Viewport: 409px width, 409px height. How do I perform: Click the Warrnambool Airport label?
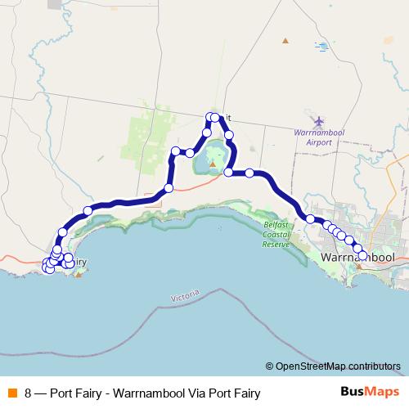(312, 137)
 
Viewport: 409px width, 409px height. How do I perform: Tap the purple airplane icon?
(318, 121)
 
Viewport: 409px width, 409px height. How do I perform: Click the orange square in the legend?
(11, 392)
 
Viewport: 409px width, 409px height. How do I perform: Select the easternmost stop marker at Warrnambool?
(362, 255)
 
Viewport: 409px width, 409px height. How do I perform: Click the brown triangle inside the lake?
(213, 164)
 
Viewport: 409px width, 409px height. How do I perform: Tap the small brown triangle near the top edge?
(285, 40)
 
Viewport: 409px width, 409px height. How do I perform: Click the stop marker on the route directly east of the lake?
(249, 173)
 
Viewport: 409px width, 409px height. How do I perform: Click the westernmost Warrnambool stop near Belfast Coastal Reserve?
(310, 218)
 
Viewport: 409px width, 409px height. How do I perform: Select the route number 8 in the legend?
(29, 393)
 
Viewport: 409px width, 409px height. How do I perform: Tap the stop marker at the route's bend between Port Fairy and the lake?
(169, 188)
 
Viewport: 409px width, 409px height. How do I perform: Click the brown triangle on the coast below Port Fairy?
(78, 274)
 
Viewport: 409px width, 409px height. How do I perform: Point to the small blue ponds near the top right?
(322, 47)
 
